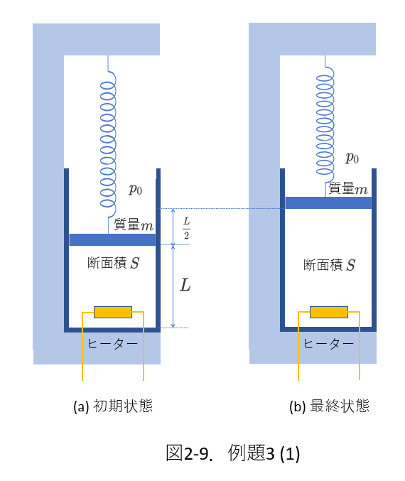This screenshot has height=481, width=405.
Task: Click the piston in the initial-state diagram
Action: click(x=112, y=239)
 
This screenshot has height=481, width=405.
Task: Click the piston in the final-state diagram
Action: click(x=328, y=202)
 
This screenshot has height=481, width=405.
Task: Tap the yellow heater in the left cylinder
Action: click(x=113, y=312)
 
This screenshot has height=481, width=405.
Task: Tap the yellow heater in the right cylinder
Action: click(x=329, y=312)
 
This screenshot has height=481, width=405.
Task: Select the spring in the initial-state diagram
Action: click(x=108, y=144)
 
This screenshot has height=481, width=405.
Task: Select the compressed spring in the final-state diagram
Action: click(x=325, y=126)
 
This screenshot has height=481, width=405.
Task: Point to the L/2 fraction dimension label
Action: click(x=187, y=227)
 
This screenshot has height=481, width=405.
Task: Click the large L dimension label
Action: click(x=185, y=285)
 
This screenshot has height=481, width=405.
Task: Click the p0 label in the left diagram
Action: click(x=135, y=189)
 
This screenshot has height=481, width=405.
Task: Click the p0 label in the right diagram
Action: click(x=352, y=158)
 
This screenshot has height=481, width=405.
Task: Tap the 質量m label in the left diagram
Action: click(x=134, y=225)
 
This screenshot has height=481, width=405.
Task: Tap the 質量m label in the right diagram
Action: click(x=348, y=188)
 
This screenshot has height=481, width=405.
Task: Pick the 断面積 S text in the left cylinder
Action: click(x=114, y=263)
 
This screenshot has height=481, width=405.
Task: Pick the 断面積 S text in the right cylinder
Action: click(x=330, y=265)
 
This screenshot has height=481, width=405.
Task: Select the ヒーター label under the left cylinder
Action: click(x=112, y=344)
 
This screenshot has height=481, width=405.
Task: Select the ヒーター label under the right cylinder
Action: click(x=328, y=344)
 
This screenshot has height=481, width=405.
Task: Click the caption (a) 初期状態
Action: click(x=113, y=406)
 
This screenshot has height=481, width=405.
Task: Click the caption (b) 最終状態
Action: click(x=329, y=406)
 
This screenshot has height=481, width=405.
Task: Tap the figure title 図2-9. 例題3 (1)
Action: click(x=233, y=453)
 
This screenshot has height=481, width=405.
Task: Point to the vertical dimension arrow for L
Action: click(x=173, y=286)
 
